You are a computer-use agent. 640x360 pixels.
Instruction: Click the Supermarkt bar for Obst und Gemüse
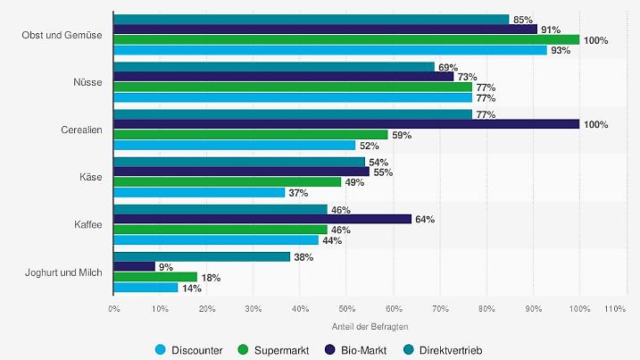(346, 39)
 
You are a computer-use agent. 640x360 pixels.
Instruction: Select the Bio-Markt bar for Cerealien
(346, 124)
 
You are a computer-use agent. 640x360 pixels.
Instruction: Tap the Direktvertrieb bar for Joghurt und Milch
(202, 256)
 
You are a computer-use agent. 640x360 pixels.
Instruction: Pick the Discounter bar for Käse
(199, 192)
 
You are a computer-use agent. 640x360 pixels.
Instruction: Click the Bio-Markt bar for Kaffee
(262, 219)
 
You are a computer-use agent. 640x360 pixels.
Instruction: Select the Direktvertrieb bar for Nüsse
(274, 67)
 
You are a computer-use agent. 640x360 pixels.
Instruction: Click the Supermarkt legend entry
(274, 349)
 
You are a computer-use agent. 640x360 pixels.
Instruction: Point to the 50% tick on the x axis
(346, 309)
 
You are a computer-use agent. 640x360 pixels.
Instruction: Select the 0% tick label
(114, 309)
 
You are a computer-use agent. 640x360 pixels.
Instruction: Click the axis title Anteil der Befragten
(346, 325)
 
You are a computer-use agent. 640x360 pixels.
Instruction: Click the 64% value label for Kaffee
(424, 219)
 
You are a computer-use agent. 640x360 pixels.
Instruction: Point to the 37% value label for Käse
(298, 193)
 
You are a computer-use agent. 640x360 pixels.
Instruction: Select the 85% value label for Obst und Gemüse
(523, 20)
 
